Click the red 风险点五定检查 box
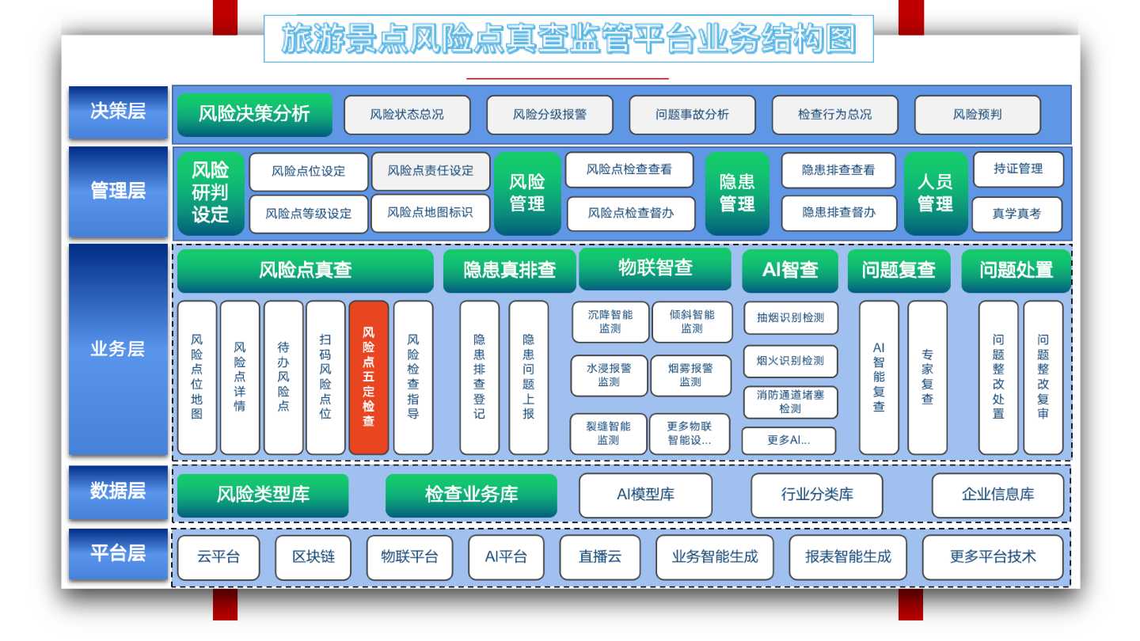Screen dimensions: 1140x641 (x=368, y=377)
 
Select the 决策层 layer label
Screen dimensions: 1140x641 (x=118, y=112)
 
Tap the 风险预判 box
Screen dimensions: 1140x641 (x=977, y=115)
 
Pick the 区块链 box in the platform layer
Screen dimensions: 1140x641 (x=313, y=557)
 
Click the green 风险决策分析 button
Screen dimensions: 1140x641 (x=254, y=114)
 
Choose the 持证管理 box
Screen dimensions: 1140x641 (x=1018, y=169)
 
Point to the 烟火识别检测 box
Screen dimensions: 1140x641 (x=790, y=361)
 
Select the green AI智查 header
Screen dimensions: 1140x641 (x=790, y=270)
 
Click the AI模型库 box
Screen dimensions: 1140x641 (x=645, y=495)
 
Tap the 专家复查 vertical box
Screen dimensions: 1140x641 (x=927, y=377)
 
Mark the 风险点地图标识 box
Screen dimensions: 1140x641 (x=430, y=213)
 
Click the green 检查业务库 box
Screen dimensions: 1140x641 (x=471, y=495)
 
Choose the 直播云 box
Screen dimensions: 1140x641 (x=599, y=557)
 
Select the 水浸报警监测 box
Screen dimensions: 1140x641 (x=609, y=375)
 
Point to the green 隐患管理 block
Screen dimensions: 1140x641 (x=737, y=193)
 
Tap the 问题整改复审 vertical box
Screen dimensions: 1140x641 (x=1043, y=377)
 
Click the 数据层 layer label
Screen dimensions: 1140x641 (x=118, y=492)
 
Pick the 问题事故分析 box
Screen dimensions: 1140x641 (x=692, y=115)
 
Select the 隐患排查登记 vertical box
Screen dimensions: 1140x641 (x=479, y=377)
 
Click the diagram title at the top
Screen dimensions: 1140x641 (x=568, y=40)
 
